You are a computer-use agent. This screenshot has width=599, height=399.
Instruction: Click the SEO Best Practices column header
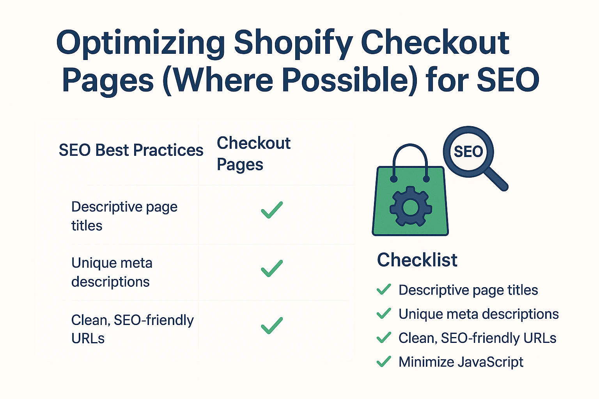click(131, 150)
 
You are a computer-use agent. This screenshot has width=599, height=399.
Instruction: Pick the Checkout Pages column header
click(253, 154)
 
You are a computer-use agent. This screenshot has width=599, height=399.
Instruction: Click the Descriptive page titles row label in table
click(124, 216)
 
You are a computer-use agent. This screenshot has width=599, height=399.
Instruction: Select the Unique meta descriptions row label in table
click(112, 272)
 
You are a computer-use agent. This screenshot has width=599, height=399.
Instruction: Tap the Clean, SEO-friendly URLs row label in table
click(132, 329)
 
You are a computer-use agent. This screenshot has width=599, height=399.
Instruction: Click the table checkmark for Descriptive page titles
click(272, 210)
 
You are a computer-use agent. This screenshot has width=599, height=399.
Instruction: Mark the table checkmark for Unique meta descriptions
click(272, 268)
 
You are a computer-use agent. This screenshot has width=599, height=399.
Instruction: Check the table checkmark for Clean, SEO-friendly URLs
click(272, 325)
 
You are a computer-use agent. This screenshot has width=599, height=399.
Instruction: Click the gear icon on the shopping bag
click(411, 207)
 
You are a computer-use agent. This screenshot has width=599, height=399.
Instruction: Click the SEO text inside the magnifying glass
click(468, 152)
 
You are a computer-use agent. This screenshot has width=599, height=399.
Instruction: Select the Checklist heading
click(417, 260)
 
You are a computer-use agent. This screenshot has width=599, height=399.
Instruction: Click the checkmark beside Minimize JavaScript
click(384, 362)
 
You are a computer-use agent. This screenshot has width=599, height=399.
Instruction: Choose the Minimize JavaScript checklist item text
click(461, 362)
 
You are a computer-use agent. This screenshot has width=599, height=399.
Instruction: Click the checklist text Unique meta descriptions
click(478, 314)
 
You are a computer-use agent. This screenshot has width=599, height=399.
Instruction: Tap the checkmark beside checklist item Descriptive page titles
click(384, 290)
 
